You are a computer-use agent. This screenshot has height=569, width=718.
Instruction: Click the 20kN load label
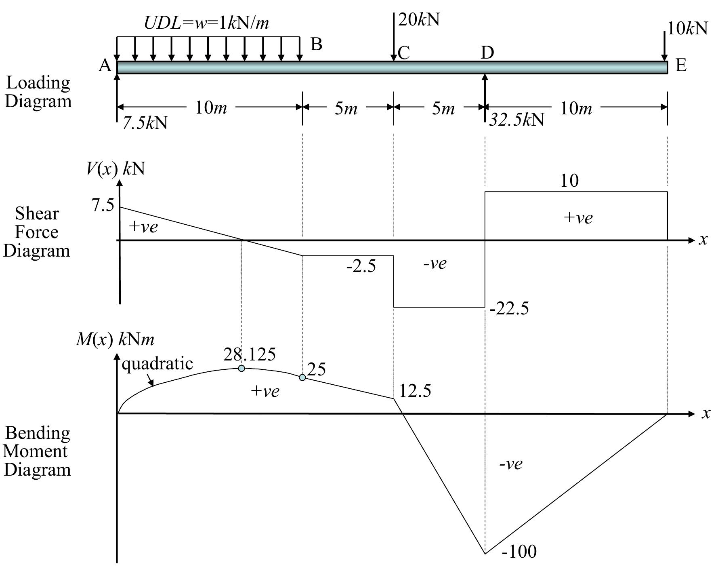419,20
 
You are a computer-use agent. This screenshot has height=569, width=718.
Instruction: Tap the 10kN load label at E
687,29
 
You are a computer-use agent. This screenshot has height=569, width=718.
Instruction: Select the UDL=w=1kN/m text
206,23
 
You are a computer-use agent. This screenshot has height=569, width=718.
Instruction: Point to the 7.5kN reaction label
145,123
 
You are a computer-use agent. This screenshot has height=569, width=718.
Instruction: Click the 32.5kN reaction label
516,120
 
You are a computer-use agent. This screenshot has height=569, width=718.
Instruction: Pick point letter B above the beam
316,44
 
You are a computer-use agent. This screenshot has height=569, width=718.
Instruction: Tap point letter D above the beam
487,53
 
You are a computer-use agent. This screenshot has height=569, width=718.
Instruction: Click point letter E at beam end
681,65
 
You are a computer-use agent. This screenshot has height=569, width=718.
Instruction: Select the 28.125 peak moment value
249,354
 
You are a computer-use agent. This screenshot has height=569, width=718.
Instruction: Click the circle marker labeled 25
302,377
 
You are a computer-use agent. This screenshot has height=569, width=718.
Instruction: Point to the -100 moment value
519,552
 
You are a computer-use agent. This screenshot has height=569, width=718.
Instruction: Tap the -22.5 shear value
509,309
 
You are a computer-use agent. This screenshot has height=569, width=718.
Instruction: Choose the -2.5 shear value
361,266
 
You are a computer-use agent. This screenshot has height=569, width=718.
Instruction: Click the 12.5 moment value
415,391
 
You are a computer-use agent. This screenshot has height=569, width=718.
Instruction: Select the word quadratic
157,364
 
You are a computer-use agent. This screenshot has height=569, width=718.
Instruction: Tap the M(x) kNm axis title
115,339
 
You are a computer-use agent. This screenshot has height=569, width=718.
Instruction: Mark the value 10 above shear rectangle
569,181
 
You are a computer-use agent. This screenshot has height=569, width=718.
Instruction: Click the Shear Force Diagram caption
37,232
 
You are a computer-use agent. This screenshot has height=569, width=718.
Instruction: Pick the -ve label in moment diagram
511,464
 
